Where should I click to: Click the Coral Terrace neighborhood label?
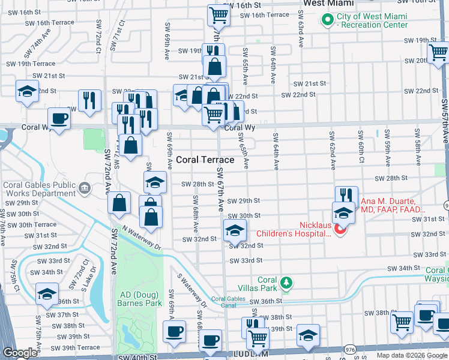click(205, 160)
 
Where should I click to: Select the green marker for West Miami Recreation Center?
click(328, 20)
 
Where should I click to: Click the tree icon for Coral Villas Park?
click(287, 282)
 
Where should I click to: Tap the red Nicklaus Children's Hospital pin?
click(340, 229)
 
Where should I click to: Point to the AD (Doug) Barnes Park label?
click(141, 299)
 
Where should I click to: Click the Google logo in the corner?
click(19, 353)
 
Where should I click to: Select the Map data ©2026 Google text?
click(412, 355)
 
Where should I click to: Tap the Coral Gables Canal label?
click(228, 302)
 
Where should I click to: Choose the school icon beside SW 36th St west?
click(46, 294)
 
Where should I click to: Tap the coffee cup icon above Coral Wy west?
click(59, 118)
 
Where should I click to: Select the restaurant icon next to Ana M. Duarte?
click(346, 196)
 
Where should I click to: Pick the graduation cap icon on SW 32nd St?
click(235, 230)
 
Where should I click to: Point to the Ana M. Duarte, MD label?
click(393, 206)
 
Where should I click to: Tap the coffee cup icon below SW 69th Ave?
click(175, 331)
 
